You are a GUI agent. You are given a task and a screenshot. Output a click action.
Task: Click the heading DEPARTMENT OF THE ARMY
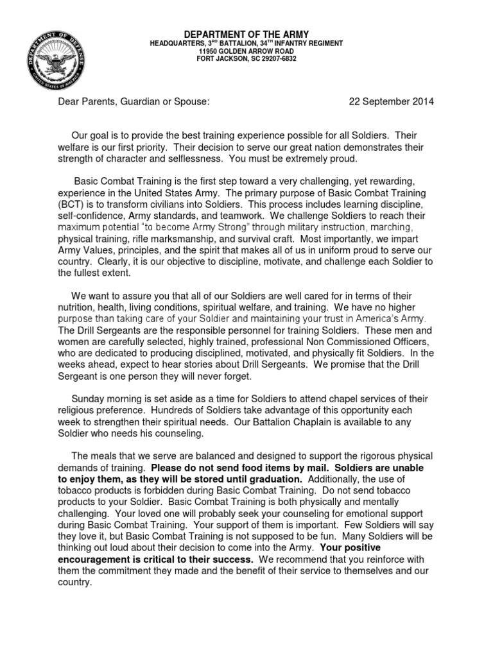point(247,34)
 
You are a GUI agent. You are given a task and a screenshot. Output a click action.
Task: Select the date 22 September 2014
point(391,101)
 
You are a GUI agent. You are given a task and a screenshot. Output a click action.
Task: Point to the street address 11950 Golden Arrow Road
point(247,51)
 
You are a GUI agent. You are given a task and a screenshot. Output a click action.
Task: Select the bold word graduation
point(273,479)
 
